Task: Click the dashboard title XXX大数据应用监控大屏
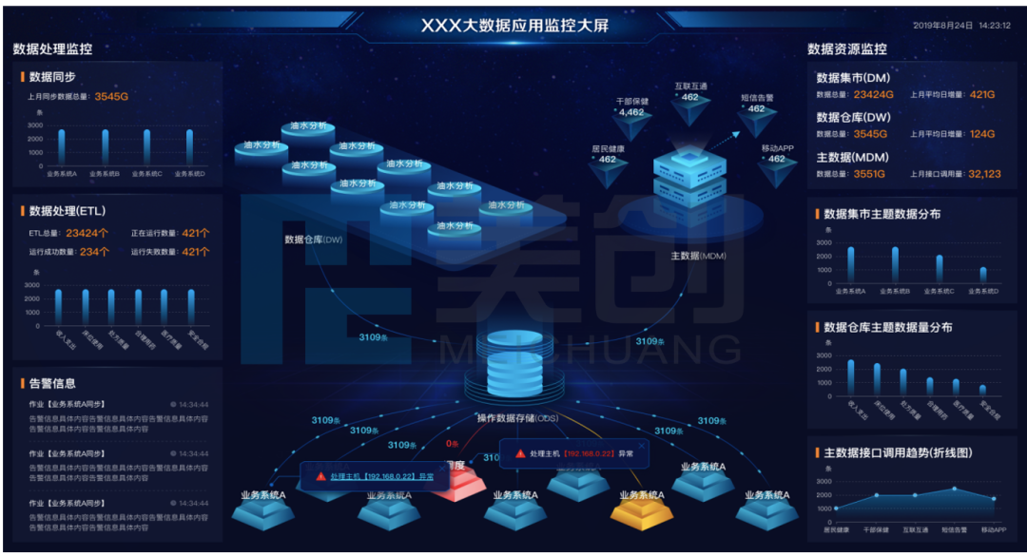514,25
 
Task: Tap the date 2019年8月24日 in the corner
940,26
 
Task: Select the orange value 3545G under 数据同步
111,97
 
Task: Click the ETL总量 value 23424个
87,233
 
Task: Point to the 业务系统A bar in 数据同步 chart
62,146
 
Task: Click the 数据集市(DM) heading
853,78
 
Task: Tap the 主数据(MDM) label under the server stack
699,256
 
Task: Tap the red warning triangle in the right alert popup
519,454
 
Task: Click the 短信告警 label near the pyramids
757,97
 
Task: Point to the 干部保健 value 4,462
631,112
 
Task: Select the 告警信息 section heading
52,384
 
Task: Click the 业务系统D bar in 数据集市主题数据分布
983,275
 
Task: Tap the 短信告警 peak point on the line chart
954,489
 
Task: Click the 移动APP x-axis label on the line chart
993,529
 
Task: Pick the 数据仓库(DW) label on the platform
313,240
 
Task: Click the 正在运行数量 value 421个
196,233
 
